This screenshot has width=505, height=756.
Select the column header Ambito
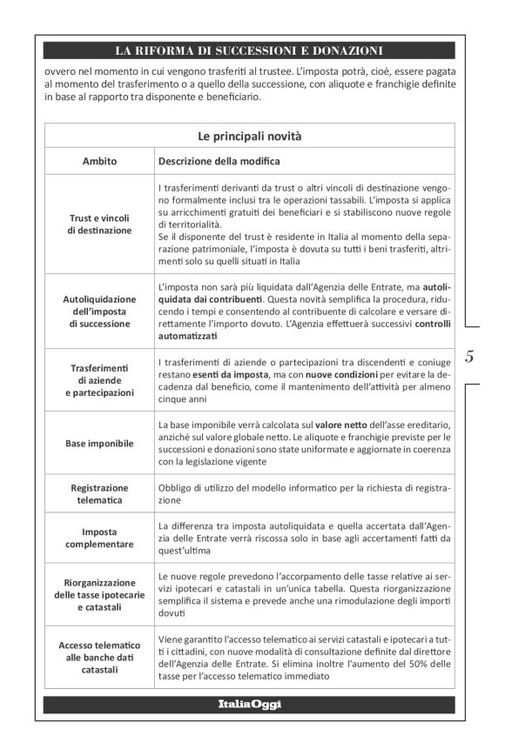100,161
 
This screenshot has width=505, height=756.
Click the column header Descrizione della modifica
219,161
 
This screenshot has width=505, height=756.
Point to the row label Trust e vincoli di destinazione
100,224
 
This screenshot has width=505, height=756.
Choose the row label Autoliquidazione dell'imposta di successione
100,311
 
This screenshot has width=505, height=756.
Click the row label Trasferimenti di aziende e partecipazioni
100,380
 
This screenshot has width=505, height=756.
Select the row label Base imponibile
100,443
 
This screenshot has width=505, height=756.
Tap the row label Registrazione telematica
100,494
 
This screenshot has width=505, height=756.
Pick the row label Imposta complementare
100,538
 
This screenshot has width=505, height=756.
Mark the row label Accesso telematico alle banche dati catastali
100,657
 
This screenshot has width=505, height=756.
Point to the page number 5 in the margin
469,356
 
